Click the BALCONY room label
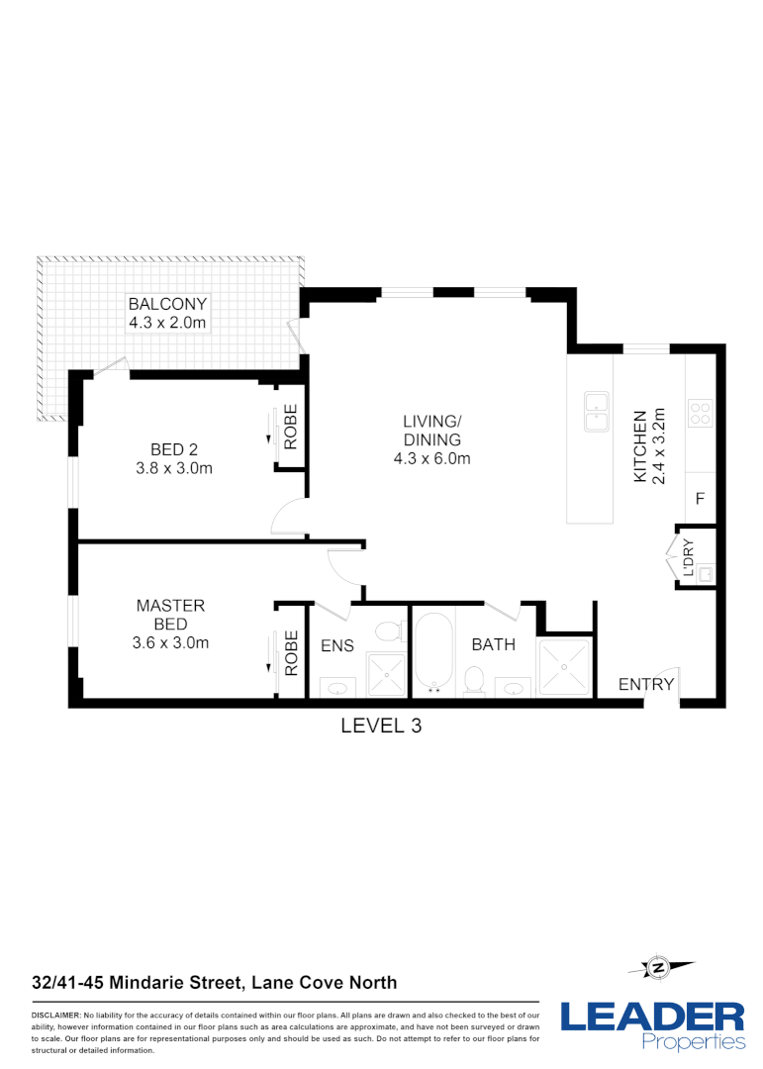click(x=166, y=305)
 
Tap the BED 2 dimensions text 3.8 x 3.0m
click(x=174, y=468)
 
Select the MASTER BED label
click(x=170, y=615)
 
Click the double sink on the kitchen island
click(x=596, y=412)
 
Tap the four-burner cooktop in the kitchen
click(x=700, y=412)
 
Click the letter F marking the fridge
click(x=699, y=499)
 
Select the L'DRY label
click(x=689, y=556)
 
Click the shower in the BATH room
click(x=564, y=668)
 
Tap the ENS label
click(x=337, y=645)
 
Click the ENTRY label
click(x=646, y=684)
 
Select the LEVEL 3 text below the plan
click(x=381, y=726)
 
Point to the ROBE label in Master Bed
click(x=291, y=653)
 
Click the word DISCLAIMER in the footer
click(x=55, y=1016)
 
